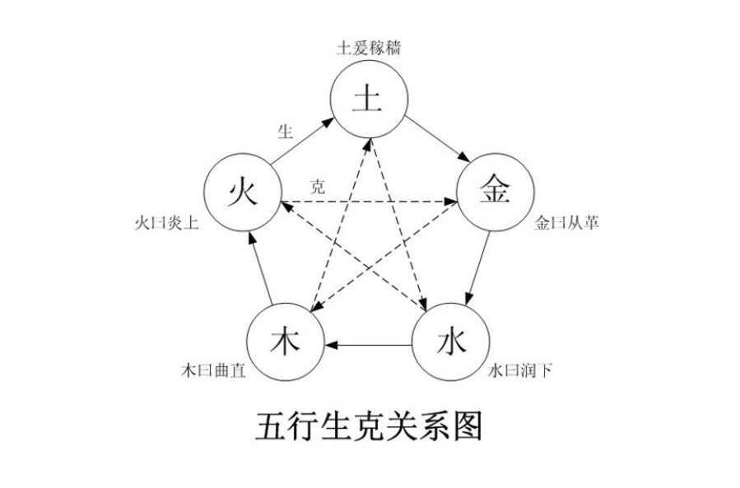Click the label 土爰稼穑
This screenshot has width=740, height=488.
pos(369,48)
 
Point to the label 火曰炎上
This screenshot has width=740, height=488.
pos(166,223)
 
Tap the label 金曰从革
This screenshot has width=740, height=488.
pos(567,222)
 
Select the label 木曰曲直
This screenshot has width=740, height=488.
pos(214,370)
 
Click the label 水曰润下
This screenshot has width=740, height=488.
pos(520,370)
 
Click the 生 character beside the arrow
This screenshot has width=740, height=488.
pos(286,131)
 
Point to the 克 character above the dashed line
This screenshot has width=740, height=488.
pos(318,187)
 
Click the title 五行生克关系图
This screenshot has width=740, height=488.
pos(369,426)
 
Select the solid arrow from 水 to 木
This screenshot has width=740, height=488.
pos(369,345)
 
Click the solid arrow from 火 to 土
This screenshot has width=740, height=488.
pos(301,142)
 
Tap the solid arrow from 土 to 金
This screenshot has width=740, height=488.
pos(437,139)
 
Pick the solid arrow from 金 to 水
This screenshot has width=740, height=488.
pos(477,267)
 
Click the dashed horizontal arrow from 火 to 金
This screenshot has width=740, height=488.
pos(370,202)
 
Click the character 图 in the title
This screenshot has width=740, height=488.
pos(468,426)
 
